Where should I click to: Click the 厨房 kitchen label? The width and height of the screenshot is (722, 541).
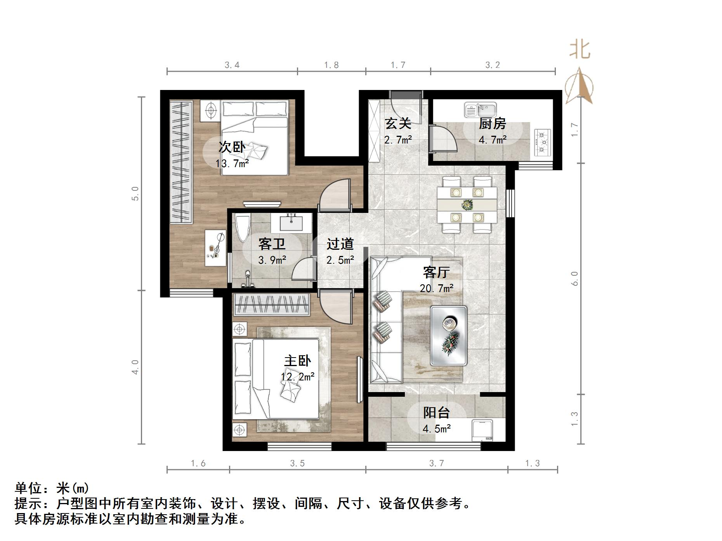point(492,124)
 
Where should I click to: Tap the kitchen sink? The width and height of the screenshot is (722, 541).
point(481,110)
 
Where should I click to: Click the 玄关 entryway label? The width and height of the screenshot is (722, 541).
point(398,123)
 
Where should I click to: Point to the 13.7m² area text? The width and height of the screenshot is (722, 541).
point(232,164)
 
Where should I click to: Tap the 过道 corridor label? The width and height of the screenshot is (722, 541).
point(340,244)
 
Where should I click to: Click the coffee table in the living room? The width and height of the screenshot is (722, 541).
point(448,335)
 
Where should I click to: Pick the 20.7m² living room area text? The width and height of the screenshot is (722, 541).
point(436,289)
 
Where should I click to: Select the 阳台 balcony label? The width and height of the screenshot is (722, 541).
point(436,413)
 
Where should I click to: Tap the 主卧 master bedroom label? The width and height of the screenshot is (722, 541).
point(297,361)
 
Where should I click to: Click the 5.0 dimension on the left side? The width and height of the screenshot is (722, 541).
point(135,193)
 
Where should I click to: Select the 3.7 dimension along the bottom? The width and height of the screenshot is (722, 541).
point(436,463)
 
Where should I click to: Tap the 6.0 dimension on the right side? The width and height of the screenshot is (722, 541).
point(575,278)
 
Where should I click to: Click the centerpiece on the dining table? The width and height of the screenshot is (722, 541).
point(467,204)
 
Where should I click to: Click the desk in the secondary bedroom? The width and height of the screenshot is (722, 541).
point(215,248)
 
